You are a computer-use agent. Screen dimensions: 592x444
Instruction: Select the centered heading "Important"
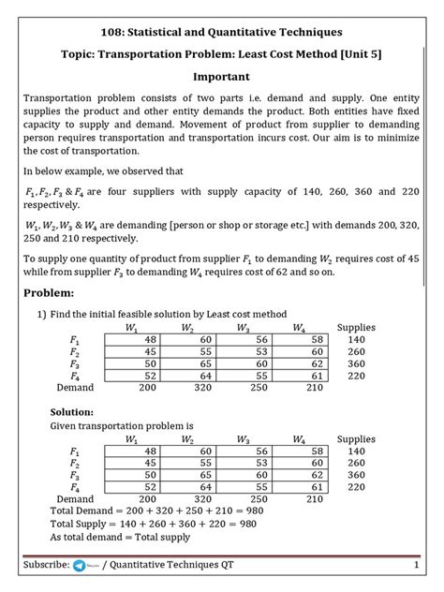[x=221, y=76]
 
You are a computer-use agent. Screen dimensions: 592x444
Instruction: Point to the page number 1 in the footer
[x=414, y=566]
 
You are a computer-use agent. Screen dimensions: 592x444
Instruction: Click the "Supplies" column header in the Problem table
[x=356, y=327]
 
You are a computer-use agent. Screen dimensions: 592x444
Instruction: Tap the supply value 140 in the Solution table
[x=356, y=451]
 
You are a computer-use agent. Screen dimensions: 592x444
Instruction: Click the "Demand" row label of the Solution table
[x=75, y=498]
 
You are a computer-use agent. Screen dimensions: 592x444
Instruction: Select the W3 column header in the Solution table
[x=243, y=439]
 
